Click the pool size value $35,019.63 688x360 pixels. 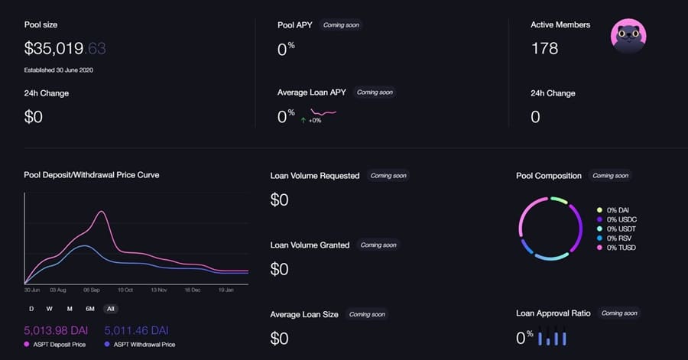pyautogui.click(x=65, y=49)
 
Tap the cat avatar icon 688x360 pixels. pyautogui.click(x=628, y=36)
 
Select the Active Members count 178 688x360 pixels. pyautogui.click(x=544, y=49)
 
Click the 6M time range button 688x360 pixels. pyautogui.click(x=90, y=309)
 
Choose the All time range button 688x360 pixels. pyautogui.click(x=111, y=309)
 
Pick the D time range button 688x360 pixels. pyautogui.click(x=31, y=309)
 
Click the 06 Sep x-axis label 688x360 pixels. pyautogui.click(x=92, y=291)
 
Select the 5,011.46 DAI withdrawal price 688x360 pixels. pyautogui.click(x=135, y=330)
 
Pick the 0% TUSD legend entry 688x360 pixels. pyautogui.click(x=621, y=248)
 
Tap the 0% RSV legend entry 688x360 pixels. pyautogui.click(x=620, y=238)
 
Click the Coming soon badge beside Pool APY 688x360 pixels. pyautogui.click(x=340, y=25)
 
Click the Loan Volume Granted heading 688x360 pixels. pyautogui.click(x=310, y=245)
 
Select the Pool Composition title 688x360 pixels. pyautogui.click(x=549, y=176)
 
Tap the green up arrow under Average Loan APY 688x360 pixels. pyautogui.click(x=303, y=120)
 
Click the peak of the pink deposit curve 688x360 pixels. pyautogui.click(x=100, y=211)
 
